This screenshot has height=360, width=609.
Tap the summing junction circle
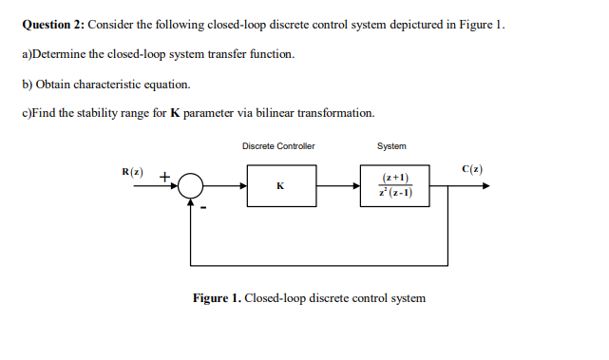tap(192, 185)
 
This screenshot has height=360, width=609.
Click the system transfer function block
tap(393, 185)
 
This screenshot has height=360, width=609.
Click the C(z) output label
tap(472, 170)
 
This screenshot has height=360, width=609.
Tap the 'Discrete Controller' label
tap(278, 146)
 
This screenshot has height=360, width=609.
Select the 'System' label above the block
tap(391, 146)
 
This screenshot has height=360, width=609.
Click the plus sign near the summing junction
tap(164, 176)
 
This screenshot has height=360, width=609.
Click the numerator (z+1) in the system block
tap(393, 178)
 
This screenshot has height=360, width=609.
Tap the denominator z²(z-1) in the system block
tap(393, 193)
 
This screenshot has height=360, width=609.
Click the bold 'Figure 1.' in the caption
tap(217, 298)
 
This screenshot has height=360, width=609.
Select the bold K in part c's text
tap(174, 113)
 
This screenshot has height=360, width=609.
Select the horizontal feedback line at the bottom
tap(319, 264)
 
